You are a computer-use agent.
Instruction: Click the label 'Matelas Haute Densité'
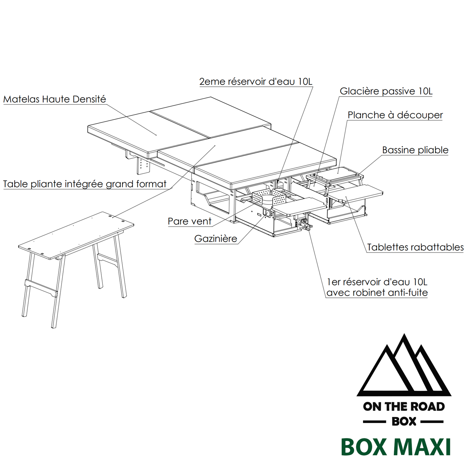pos(55,99)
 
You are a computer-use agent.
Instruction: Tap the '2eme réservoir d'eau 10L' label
pos(256,82)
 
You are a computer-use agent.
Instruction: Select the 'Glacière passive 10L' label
pos(386,91)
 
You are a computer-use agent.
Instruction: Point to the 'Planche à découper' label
pos(395,115)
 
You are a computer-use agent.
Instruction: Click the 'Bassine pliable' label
pos(415,150)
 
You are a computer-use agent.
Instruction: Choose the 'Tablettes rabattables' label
pos(415,247)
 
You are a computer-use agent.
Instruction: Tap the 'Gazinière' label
pos(216,239)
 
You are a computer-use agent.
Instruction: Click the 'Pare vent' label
pos(190,221)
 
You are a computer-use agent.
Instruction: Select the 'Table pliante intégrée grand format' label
pos(85,184)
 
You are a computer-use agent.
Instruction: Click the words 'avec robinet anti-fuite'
pos(377,293)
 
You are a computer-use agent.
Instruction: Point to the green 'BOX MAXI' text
pos(396,447)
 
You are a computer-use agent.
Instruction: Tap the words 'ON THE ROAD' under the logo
pos(404,407)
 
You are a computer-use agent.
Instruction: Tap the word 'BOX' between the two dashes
pos(404,422)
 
